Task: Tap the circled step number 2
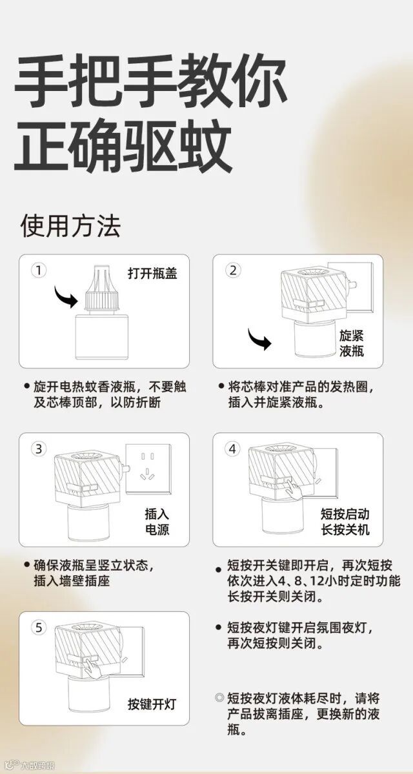[233, 270]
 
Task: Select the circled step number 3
[38, 449]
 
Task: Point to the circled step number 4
[233, 449]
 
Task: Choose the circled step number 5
[38, 627]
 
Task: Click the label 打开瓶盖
[152, 273]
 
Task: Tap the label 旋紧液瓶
[351, 344]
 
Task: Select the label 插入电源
[157, 522]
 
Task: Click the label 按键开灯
[152, 704]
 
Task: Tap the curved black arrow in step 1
[65, 296]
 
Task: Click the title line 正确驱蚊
[123, 147]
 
